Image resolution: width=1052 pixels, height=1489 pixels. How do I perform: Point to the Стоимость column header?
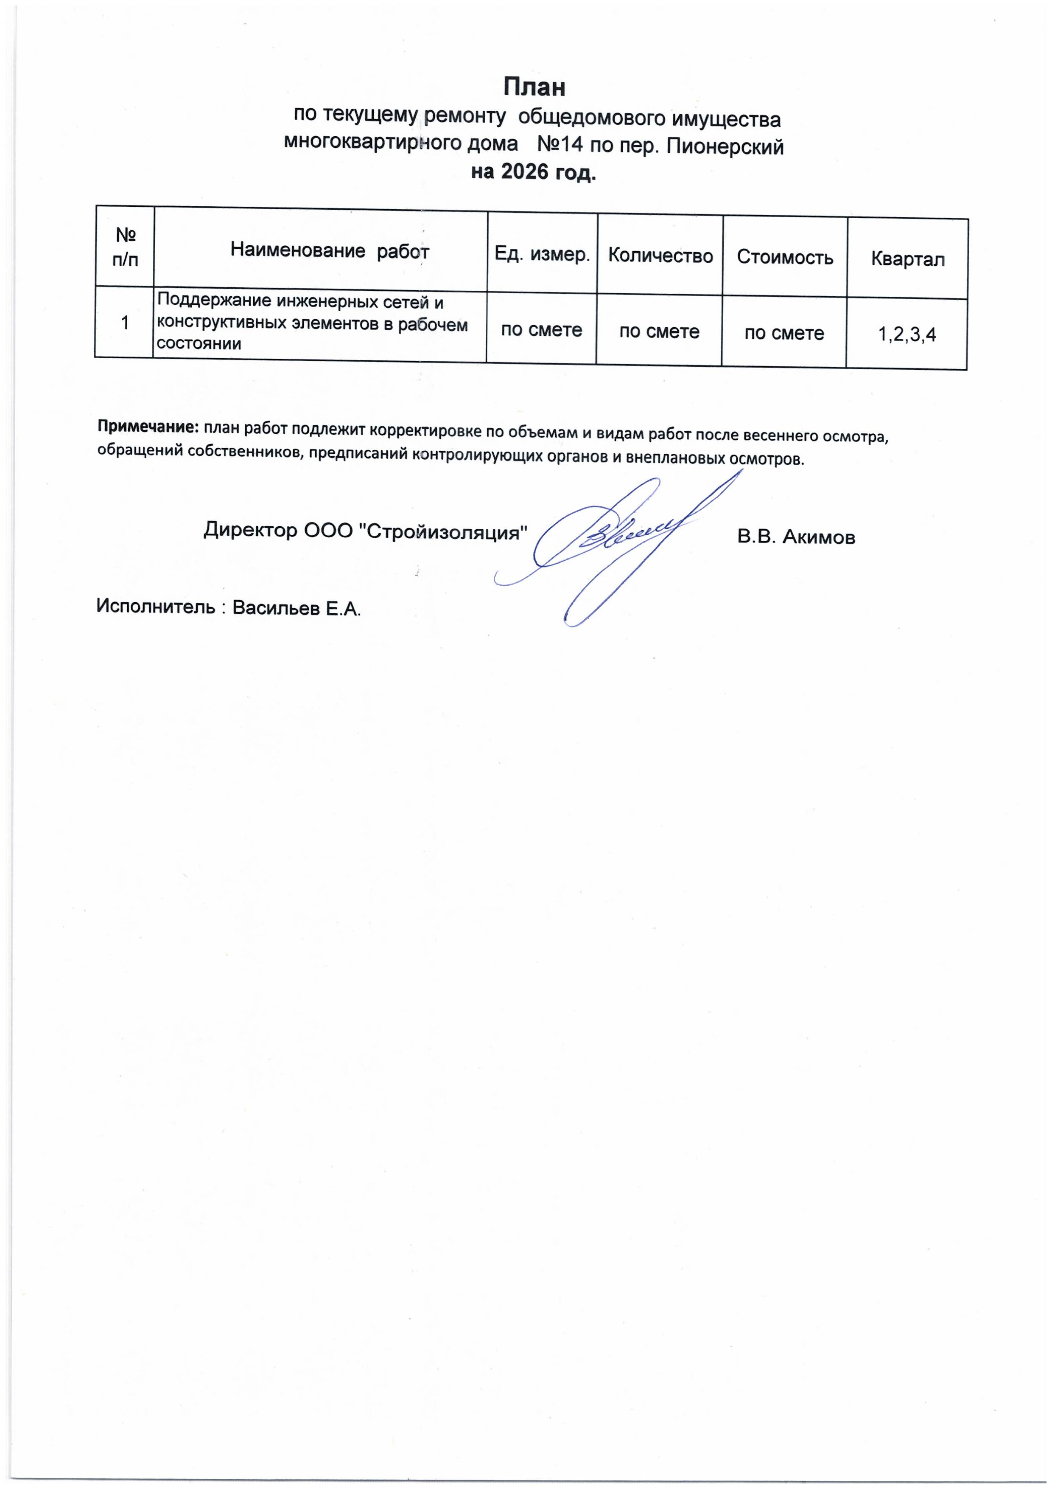785,258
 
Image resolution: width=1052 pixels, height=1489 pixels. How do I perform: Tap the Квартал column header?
907,259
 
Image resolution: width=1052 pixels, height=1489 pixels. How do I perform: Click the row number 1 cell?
124,322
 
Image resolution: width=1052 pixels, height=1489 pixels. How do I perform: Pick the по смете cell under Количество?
659,332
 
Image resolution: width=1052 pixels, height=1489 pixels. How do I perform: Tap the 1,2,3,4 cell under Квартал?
907,334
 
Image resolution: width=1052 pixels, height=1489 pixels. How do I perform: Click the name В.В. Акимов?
796,537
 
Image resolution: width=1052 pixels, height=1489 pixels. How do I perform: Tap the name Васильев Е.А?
296,608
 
